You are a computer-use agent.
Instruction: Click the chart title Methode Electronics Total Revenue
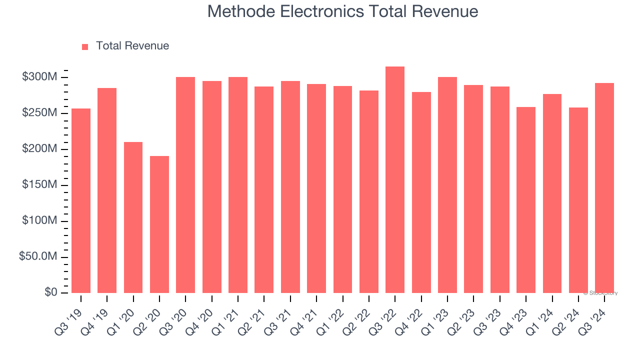pyautogui.click(x=342, y=11)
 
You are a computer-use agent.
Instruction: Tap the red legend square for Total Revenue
pyautogui.click(x=85, y=46)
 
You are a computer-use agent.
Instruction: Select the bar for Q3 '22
pyautogui.click(x=395, y=180)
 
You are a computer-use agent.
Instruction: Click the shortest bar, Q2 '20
pyautogui.click(x=159, y=224)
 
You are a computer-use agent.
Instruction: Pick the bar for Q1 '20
pyautogui.click(x=133, y=217)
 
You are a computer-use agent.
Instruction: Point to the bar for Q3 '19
pyautogui.click(x=81, y=200)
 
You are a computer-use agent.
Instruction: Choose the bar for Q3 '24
pyautogui.click(x=604, y=188)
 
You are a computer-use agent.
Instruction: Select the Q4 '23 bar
pyautogui.click(x=526, y=200)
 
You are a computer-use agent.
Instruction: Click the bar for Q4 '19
pyautogui.click(x=107, y=190)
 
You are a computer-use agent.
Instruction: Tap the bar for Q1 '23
pyautogui.click(x=447, y=185)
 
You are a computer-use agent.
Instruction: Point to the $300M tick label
pyautogui.click(x=39, y=77)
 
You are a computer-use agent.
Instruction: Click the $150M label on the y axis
pyautogui.click(x=39, y=185)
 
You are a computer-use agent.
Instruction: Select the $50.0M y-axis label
pyautogui.click(x=38, y=257)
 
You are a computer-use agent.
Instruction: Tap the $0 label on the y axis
pyautogui.click(x=51, y=292)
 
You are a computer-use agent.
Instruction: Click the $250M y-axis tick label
pyautogui.click(x=39, y=113)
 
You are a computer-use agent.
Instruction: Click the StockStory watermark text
pyautogui.click(x=600, y=293)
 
